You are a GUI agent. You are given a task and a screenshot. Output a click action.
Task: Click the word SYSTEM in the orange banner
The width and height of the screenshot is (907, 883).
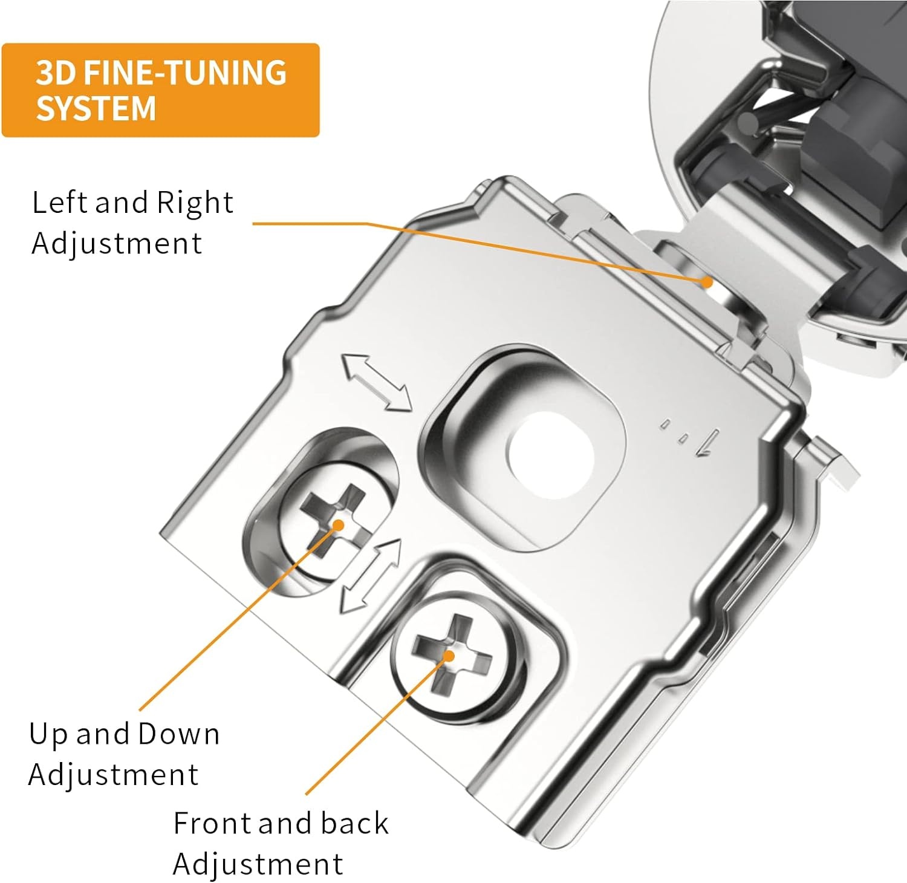(x=96, y=108)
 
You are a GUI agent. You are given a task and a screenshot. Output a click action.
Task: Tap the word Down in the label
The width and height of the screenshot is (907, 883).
(x=178, y=734)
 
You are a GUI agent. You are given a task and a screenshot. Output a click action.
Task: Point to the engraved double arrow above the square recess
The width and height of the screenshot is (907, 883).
(x=377, y=383)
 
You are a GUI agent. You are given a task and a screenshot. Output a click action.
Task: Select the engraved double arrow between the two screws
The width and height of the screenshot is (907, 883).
(x=371, y=576)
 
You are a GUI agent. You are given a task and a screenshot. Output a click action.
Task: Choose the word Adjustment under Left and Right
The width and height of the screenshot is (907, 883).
(x=116, y=244)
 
